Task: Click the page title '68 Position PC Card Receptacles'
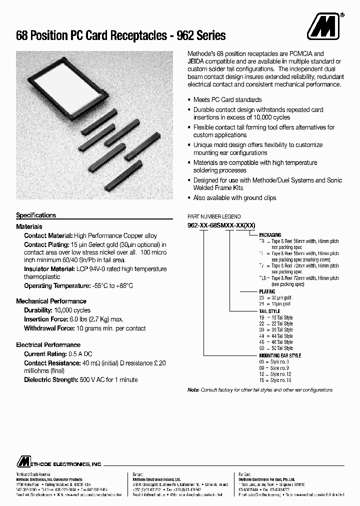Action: point(89,36)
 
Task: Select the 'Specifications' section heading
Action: point(36,215)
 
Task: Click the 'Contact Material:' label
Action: point(48,235)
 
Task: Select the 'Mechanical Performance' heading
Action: point(51,301)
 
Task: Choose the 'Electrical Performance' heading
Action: point(48,345)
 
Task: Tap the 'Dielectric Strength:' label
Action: point(50,380)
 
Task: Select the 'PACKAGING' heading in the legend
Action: point(270,235)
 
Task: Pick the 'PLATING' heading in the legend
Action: point(267,291)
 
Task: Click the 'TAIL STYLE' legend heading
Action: point(269,311)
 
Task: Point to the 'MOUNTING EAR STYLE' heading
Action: point(280,355)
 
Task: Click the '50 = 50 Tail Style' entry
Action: point(275,348)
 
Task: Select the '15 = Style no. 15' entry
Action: point(275,380)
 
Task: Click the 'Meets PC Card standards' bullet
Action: point(227,100)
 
